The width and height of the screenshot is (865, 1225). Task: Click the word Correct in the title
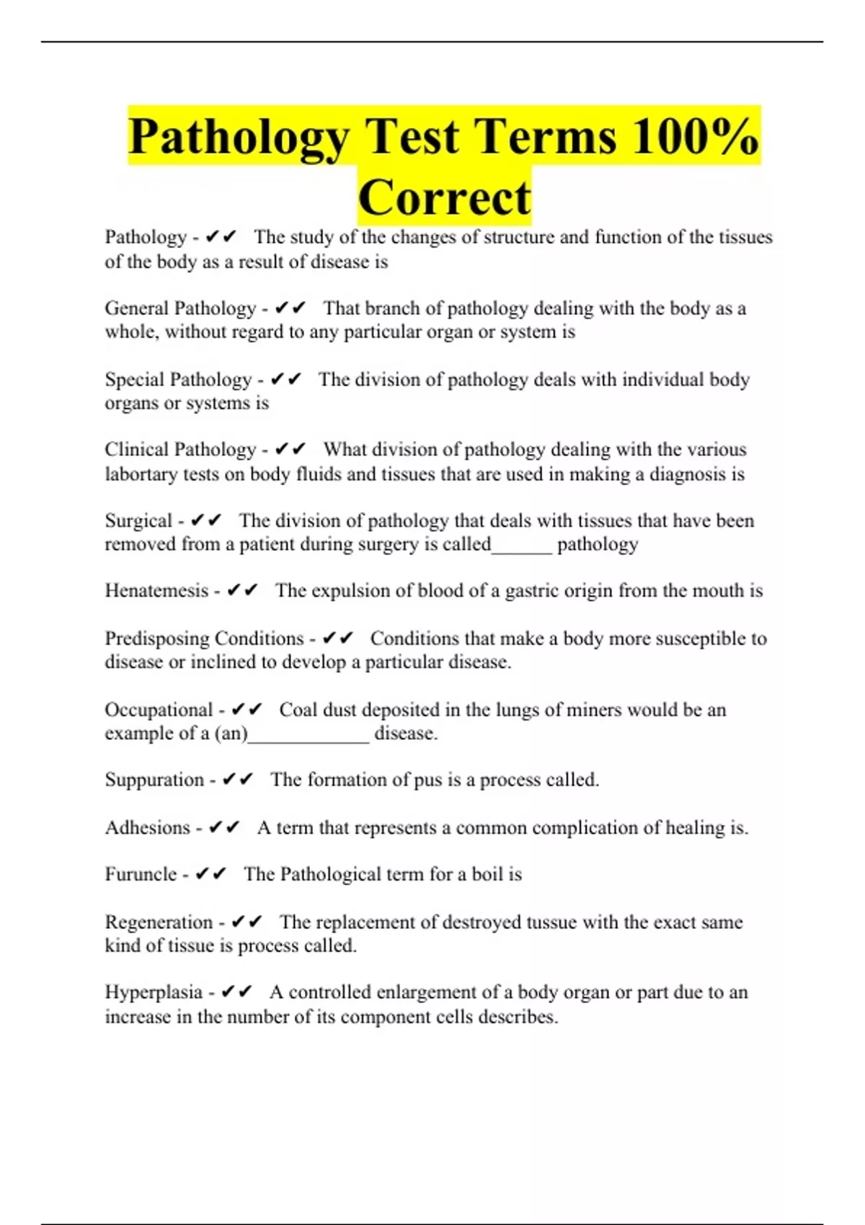pyautogui.click(x=444, y=197)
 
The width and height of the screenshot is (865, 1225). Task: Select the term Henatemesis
pyautogui.click(x=156, y=591)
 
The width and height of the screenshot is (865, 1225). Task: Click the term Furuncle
pyautogui.click(x=141, y=874)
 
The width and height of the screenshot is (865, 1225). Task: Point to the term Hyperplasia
pyautogui.click(x=154, y=992)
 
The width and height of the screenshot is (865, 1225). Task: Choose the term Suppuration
pyautogui.click(x=154, y=780)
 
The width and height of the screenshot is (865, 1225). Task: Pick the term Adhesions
pyautogui.click(x=147, y=827)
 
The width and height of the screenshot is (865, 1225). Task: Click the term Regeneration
pyautogui.click(x=159, y=922)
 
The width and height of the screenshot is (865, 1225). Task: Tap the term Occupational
pyautogui.click(x=159, y=710)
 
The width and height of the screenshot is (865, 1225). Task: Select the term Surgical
pyautogui.click(x=138, y=520)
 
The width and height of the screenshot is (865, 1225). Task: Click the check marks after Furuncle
pyautogui.click(x=210, y=874)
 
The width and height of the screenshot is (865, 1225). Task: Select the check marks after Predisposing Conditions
pyautogui.click(x=338, y=638)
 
